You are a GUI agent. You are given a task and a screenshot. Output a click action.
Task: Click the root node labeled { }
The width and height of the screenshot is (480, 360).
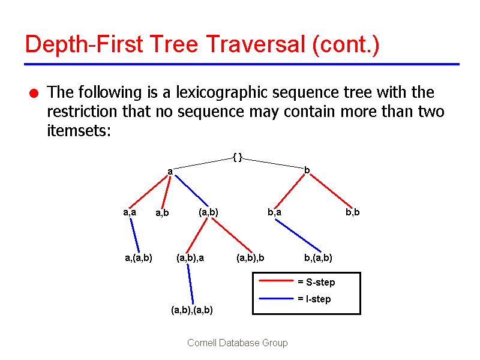[x=238, y=157]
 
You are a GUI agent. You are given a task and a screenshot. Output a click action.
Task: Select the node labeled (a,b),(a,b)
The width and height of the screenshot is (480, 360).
[x=191, y=310]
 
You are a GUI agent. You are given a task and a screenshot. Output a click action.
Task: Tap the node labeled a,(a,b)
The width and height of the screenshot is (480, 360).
[x=138, y=258]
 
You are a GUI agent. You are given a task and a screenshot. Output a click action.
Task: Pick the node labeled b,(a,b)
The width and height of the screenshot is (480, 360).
[x=318, y=258]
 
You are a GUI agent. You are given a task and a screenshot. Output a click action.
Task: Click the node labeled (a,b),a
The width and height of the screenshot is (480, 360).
[x=190, y=258]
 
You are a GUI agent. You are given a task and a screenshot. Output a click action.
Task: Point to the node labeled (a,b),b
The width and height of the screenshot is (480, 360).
[x=250, y=258]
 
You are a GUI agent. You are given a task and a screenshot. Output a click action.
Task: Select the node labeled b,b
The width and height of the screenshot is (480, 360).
[x=353, y=212]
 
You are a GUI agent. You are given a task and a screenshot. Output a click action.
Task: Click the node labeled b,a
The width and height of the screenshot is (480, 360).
[x=275, y=212]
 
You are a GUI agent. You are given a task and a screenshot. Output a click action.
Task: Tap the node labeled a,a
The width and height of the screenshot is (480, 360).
[x=130, y=212]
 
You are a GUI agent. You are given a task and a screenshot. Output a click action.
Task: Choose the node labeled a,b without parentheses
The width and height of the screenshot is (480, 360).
[x=162, y=212]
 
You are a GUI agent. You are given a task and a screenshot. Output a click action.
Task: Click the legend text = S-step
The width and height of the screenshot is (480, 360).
[x=316, y=282]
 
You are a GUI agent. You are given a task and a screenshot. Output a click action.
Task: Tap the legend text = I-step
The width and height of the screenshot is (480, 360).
[x=314, y=299]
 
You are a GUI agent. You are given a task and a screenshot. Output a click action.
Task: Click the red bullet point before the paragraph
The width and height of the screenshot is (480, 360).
[x=34, y=93]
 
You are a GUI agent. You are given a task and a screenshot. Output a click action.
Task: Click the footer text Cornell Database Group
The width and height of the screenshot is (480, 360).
[x=238, y=343]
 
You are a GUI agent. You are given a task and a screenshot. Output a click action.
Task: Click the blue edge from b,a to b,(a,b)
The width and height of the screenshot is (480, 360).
[x=298, y=235]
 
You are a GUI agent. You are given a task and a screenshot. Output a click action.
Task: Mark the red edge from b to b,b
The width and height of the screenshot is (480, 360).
[x=330, y=190]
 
